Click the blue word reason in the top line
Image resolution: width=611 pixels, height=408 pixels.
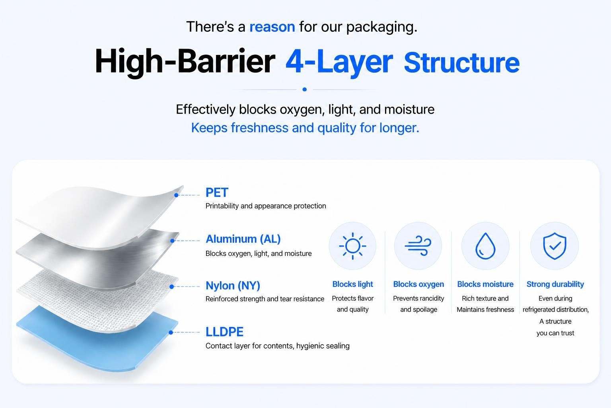(272, 27)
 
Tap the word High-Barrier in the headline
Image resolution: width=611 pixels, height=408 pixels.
(185, 61)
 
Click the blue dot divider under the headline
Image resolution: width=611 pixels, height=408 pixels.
(305, 89)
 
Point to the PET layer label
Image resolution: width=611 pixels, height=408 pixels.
(217, 192)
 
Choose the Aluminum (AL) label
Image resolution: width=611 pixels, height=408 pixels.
(243, 239)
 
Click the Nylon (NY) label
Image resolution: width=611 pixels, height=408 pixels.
(233, 285)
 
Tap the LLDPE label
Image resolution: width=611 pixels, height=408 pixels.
(224, 332)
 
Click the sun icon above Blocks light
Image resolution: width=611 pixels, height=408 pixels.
(352, 246)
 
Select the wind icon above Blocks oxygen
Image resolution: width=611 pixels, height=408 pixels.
(418, 245)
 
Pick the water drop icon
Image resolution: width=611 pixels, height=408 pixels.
(485, 246)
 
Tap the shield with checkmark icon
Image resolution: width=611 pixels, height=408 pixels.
(555, 246)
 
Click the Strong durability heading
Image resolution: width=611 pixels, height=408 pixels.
(555, 284)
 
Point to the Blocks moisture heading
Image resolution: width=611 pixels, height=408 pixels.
(485, 284)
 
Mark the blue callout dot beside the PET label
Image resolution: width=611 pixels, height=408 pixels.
(176, 195)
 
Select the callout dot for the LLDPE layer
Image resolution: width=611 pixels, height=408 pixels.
(171, 332)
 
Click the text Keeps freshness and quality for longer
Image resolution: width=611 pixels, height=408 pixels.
(305, 128)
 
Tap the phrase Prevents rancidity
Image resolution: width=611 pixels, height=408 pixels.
(418, 298)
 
